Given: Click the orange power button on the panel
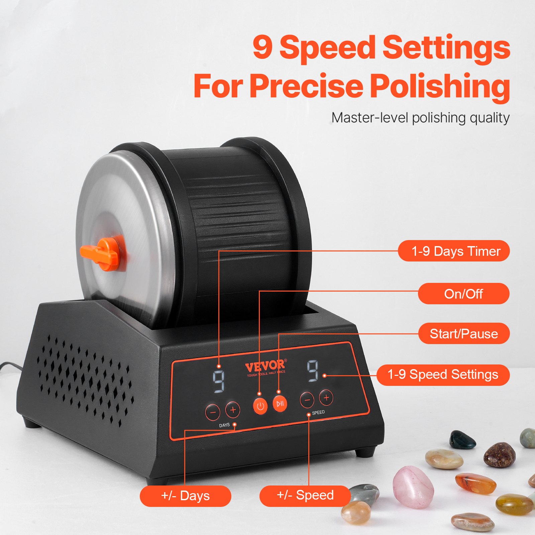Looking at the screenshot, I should coord(260,406).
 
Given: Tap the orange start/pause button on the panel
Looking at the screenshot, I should coord(280,404).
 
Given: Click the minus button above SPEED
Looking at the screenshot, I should coord(307,400).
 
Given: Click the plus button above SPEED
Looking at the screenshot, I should coord(326,398).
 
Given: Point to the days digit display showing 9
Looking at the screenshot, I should coord(219,381).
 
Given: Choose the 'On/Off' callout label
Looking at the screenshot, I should coord(463,294).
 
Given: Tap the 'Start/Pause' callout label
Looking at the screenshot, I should coord(464,333).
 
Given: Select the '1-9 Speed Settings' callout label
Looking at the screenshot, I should coord(443,374).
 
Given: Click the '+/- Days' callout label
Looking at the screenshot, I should coord(186,496).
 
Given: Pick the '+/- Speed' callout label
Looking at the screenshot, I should coord(305,495).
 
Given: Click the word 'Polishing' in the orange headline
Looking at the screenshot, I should coord(439,86).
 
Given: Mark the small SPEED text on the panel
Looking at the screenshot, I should coord(318,413).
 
